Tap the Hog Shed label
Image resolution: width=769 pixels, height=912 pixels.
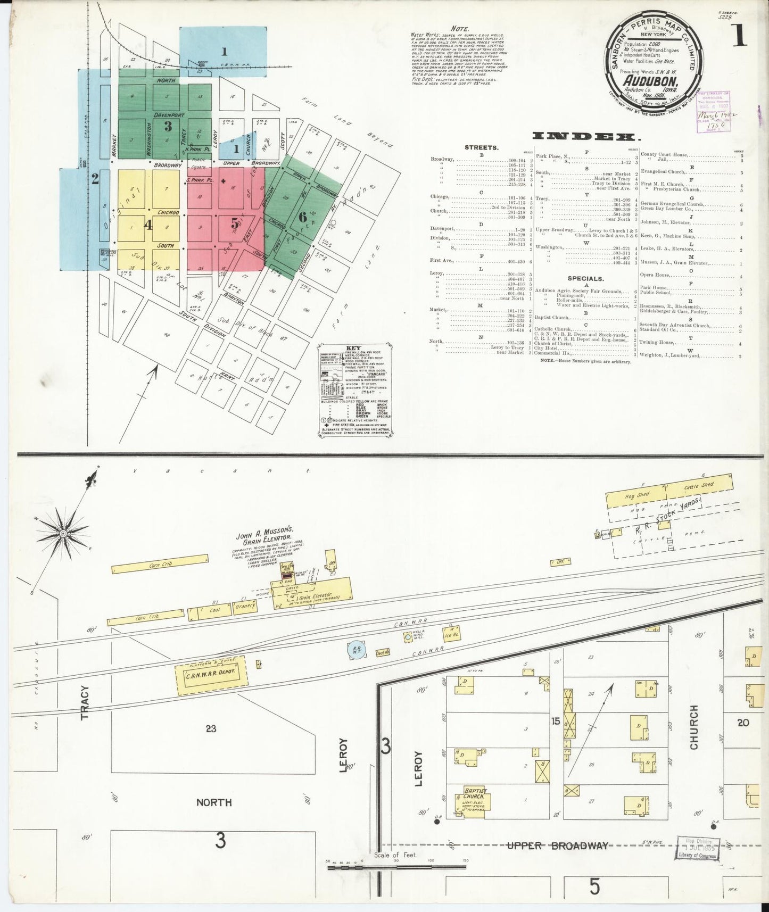click(637, 494)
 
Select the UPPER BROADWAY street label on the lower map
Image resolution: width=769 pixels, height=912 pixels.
click(557, 845)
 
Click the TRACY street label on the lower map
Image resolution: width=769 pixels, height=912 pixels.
click(87, 702)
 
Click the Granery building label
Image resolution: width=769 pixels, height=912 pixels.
click(246, 606)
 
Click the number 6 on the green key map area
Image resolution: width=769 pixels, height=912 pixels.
click(302, 217)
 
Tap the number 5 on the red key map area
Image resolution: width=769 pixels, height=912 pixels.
click(235, 223)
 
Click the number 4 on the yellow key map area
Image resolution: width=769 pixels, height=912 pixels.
click(148, 225)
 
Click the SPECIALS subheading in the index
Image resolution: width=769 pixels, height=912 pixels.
click(585, 278)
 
